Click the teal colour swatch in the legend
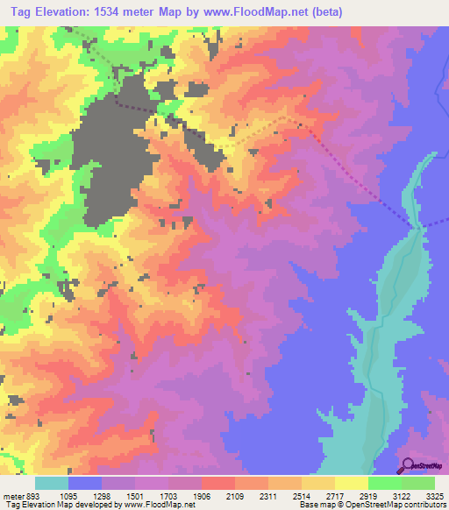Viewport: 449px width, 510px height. (x=52, y=483)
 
